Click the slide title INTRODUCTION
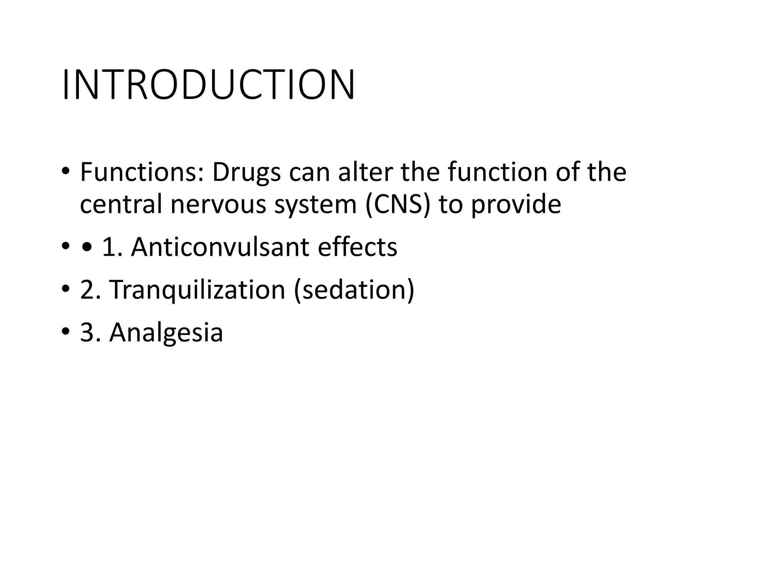coord(208,85)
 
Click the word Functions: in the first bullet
coord(142,172)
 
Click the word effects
coord(357,247)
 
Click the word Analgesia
coord(166,333)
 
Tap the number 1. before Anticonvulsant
coord(112,247)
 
